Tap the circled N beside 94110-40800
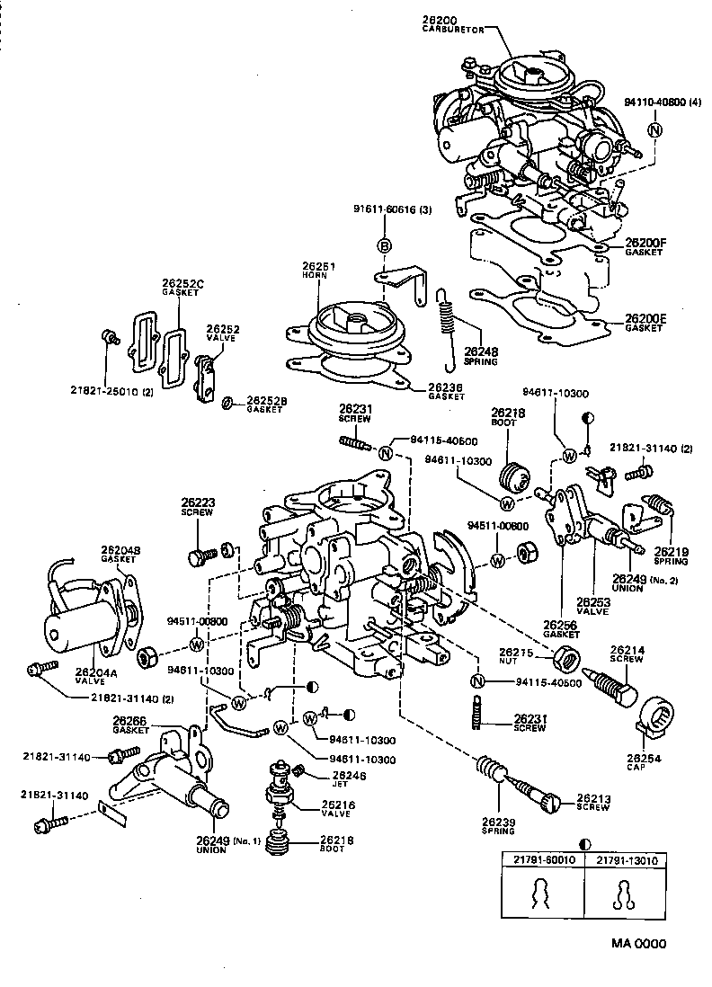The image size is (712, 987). [x=654, y=131]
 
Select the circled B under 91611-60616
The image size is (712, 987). [x=384, y=246]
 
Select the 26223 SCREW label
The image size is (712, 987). [x=196, y=507]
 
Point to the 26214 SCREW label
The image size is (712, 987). [x=626, y=654]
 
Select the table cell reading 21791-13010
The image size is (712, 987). [x=626, y=859]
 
